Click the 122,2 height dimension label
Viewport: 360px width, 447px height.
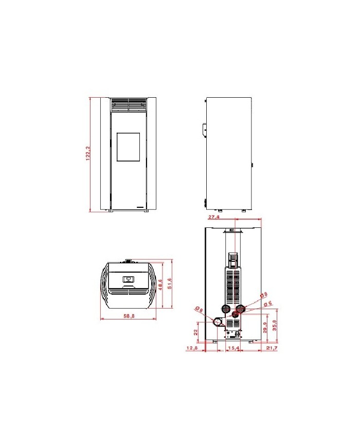(88, 154)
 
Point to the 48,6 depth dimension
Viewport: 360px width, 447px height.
(160, 284)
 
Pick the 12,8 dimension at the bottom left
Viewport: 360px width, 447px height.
(191, 348)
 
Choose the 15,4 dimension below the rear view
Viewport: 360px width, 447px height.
(233, 348)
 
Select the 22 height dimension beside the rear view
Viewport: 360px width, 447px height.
(196, 332)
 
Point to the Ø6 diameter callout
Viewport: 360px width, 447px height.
(267, 303)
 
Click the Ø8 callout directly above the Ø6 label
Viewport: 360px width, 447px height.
(263, 295)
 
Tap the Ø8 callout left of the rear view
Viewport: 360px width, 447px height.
(199, 309)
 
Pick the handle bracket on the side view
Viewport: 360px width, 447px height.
(204, 129)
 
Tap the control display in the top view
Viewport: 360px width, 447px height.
(127, 279)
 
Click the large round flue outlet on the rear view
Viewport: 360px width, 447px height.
(218, 323)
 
